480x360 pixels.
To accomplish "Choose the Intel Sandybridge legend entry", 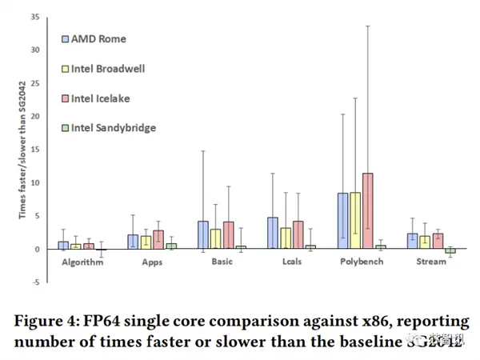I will click(x=112, y=127).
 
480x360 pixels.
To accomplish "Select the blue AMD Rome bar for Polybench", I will click(x=342, y=221).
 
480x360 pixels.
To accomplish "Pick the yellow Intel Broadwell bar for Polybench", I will click(x=354, y=221).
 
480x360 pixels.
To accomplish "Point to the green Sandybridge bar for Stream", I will click(x=450, y=251).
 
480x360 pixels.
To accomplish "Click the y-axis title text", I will click(x=22, y=149).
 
